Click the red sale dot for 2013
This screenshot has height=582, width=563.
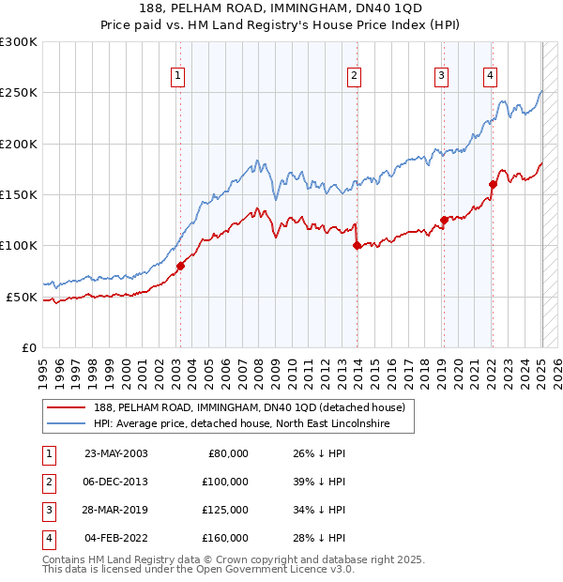(x=358, y=246)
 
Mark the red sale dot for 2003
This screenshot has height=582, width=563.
(x=180, y=266)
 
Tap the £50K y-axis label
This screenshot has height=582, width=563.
(x=23, y=297)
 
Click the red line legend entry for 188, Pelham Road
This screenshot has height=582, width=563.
(x=249, y=408)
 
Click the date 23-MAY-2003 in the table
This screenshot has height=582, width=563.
(x=116, y=453)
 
